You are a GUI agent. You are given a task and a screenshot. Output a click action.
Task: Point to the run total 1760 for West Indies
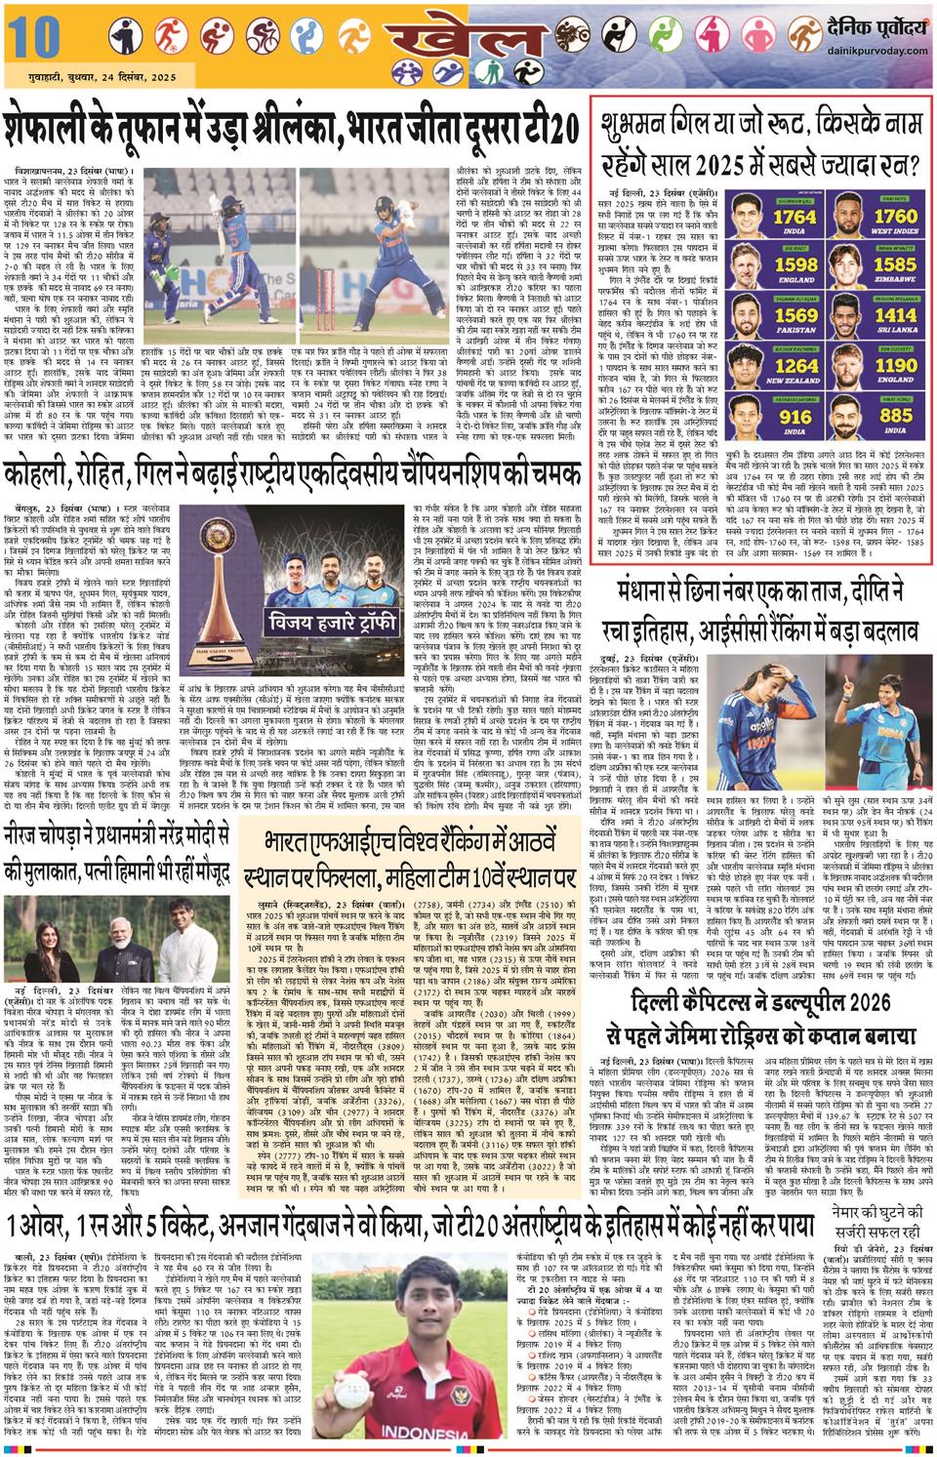894,216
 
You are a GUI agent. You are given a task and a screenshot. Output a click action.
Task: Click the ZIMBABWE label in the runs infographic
894,279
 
